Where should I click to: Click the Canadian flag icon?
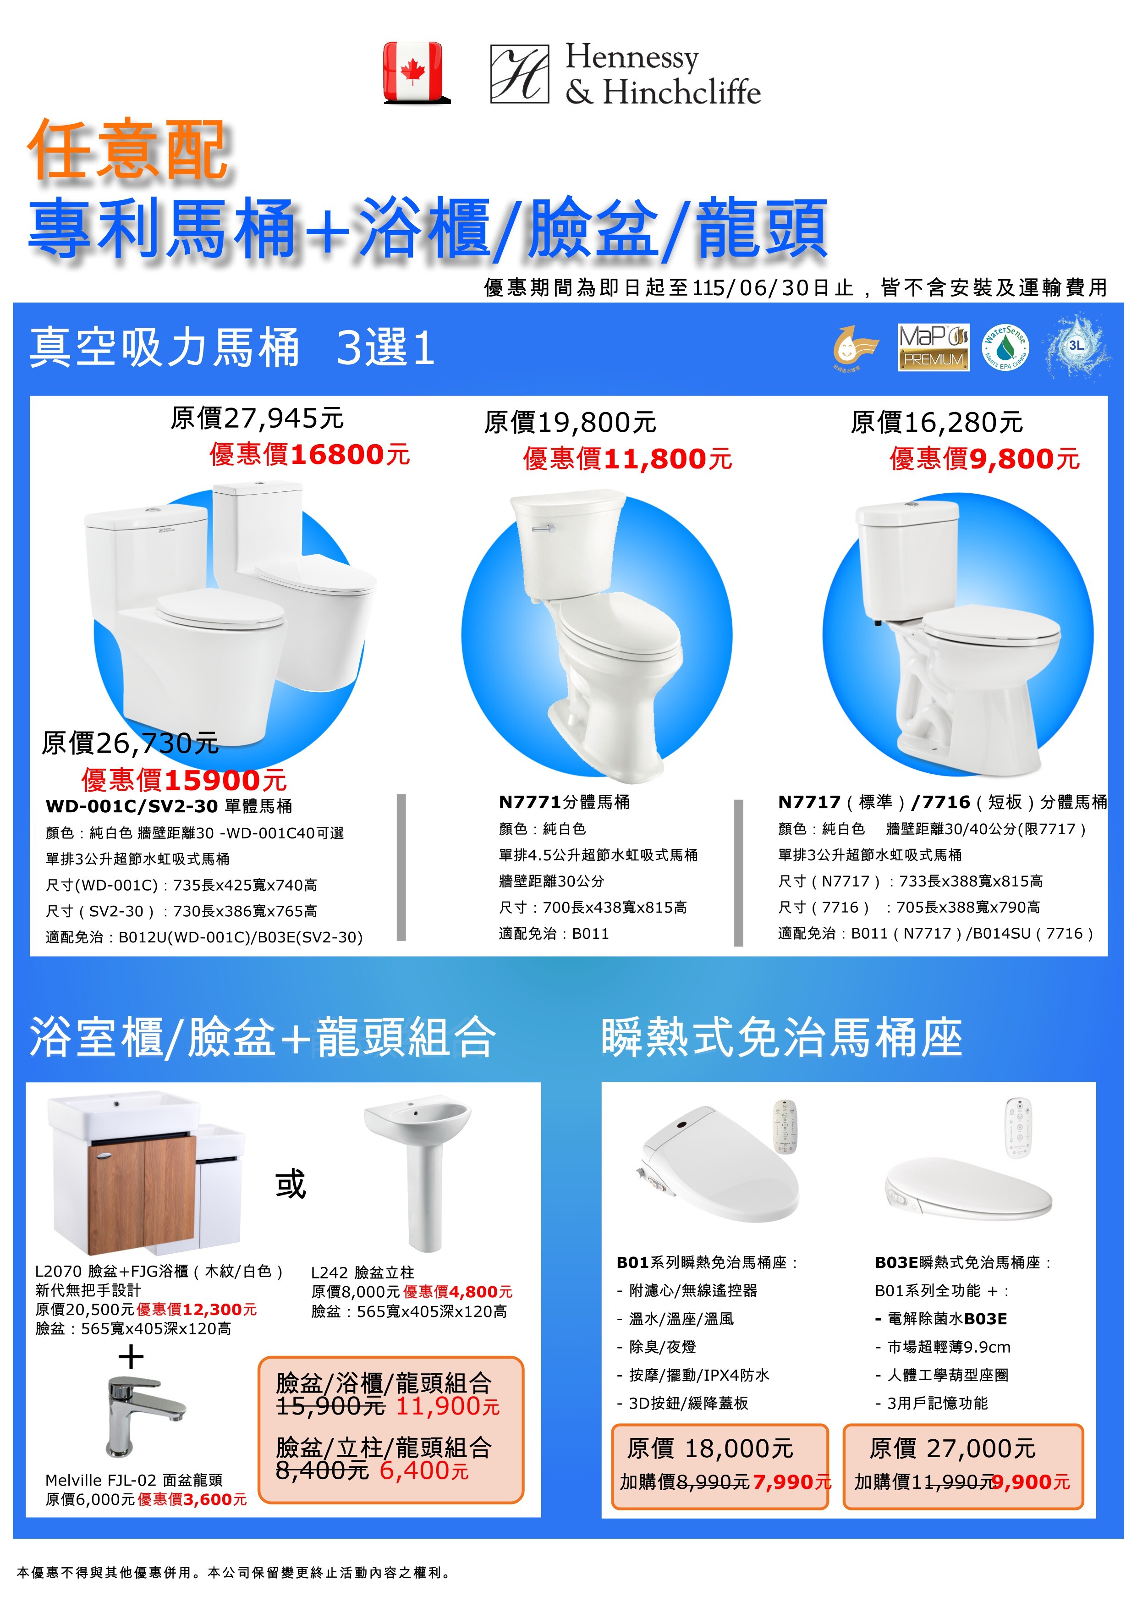[413, 72]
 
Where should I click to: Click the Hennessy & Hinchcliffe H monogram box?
[519, 74]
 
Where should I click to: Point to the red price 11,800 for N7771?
[654, 459]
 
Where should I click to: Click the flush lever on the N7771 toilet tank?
[543, 528]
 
